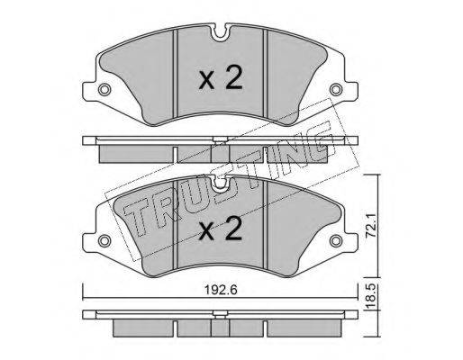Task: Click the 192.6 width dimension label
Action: [x=221, y=290]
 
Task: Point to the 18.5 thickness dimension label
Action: [x=371, y=297]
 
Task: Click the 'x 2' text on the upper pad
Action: [x=221, y=78]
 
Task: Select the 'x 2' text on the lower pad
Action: [x=221, y=229]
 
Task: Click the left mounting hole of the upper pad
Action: [x=104, y=89]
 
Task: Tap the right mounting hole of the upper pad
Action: [x=335, y=89]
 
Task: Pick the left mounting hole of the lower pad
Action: [x=104, y=240]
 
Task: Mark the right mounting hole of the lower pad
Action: [x=335, y=240]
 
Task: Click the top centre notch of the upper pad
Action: [x=220, y=32]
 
